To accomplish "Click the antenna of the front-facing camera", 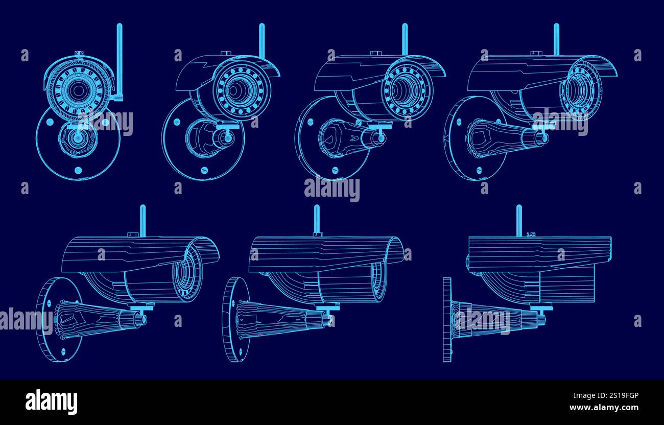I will click(x=120, y=56).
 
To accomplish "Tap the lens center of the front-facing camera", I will click(x=78, y=90).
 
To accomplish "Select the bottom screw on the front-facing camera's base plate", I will click(x=78, y=170).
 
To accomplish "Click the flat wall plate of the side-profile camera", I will click(x=447, y=320).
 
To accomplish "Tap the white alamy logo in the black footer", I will click(x=51, y=402).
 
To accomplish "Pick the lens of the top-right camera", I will click(x=581, y=90).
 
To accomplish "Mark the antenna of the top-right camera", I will click(x=556, y=39).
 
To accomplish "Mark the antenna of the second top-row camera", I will click(x=262, y=40).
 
